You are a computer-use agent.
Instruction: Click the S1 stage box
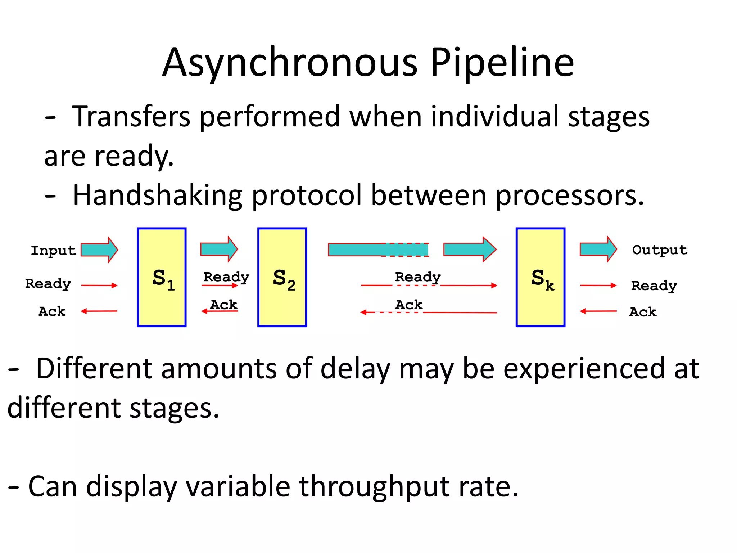(x=162, y=277)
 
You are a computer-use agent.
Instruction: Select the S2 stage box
(x=282, y=277)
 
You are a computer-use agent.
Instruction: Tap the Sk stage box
(x=540, y=277)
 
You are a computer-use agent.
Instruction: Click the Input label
(x=53, y=251)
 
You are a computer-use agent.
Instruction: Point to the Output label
(x=660, y=250)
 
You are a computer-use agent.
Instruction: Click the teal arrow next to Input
(x=99, y=249)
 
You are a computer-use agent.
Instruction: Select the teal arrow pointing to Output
(x=598, y=249)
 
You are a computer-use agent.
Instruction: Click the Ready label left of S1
(x=48, y=284)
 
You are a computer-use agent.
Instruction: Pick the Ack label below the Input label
(x=52, y=311)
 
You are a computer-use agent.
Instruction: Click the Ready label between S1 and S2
(x=226, y=277)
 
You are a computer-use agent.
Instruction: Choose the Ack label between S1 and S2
(x=223, y=305)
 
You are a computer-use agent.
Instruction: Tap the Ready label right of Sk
(x=654, y=286)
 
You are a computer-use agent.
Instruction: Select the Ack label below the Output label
(x=643, y=312)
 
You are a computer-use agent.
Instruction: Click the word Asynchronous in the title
(x=290, y=63)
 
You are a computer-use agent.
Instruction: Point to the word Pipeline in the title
(x=502, y=63)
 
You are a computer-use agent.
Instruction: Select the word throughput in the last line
(x=374, y=486)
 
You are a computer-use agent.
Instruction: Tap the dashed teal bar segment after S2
(x=405, y=249)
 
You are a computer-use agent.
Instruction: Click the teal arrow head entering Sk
(x=488, y=249)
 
